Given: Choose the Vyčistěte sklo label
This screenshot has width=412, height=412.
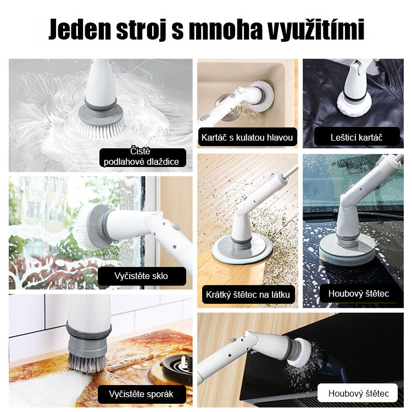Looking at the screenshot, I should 142,276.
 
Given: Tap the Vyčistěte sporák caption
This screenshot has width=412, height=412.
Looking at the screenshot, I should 142,394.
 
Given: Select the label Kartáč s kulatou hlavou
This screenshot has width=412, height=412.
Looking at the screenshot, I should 247,137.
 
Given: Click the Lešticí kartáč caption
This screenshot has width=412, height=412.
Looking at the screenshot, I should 357,137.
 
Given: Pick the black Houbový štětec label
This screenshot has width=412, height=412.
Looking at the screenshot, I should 358,293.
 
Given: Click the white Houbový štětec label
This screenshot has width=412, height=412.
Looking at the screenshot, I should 358,393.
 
